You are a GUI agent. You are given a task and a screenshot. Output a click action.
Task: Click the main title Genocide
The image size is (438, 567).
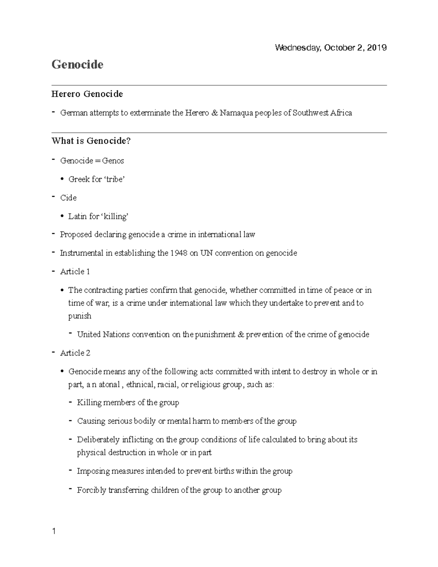(77, 65)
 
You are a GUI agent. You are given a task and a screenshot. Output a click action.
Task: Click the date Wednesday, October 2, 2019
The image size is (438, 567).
(331, 48)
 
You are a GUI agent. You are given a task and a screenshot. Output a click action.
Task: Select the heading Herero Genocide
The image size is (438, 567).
(87, 94)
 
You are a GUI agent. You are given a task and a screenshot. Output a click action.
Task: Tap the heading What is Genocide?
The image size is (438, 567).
(91, 141)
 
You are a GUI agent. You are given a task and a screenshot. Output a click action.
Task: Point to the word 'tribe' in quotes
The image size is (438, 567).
(114, 179)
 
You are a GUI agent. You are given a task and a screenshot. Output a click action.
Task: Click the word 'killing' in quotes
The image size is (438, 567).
(115, 217)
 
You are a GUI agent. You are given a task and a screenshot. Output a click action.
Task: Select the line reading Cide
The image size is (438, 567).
(68, 198)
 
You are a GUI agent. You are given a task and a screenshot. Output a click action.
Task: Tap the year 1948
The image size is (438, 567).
(178, 253)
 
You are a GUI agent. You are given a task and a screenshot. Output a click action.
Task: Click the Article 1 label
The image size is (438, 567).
(75, 272)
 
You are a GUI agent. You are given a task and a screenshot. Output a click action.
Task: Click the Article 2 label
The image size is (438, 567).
(75, 353)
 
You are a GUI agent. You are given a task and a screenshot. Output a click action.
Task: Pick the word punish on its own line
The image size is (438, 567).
(80, 316)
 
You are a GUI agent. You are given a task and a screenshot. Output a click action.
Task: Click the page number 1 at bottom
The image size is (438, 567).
(54, 531)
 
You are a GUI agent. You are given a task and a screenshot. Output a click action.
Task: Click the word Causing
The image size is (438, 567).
(91, 421)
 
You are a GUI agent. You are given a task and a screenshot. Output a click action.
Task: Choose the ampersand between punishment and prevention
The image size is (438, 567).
(241, 334)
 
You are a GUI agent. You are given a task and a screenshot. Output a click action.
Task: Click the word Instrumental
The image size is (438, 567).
(81, 253)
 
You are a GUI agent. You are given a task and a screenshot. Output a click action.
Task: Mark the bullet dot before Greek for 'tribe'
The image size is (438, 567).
(62, 179)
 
